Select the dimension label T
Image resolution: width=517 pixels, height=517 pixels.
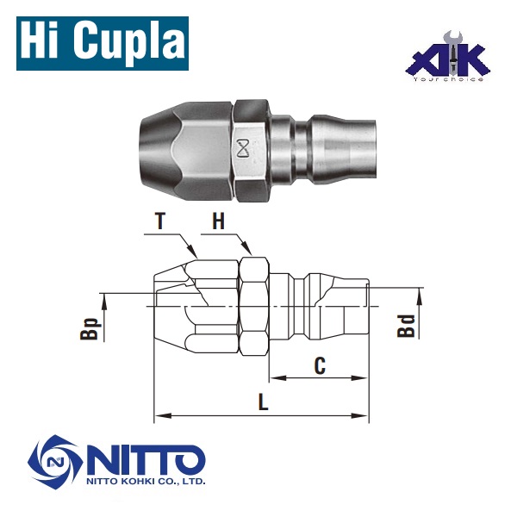[159, 221]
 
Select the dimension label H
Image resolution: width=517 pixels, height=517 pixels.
[219, 221]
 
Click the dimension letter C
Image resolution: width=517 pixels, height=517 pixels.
[319, 364]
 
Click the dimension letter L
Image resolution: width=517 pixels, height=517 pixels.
[263, 402]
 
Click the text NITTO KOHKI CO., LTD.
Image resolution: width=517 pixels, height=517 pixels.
[146, 483]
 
